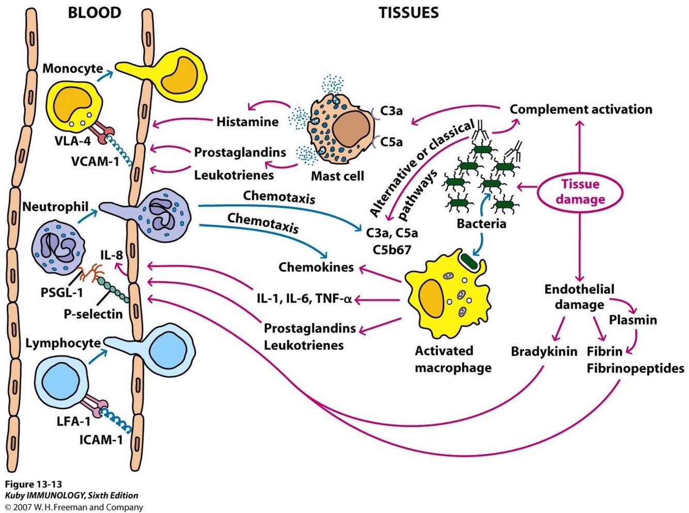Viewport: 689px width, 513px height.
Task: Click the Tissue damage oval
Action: click(580, 192)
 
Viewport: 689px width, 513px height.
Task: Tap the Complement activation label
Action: click(581, 110)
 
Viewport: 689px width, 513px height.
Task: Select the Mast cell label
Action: click(337, 176)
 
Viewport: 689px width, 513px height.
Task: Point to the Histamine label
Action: click(247, 122)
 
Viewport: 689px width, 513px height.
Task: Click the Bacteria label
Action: click(481, 224)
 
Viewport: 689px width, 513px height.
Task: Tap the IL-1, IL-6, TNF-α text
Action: click(304, 299)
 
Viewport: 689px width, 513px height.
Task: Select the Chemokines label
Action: click(316, 267)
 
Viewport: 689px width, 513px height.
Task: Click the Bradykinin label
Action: click(544, 352)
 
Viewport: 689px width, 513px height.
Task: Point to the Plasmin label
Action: click(633, 320)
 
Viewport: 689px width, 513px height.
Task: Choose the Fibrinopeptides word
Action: click(635, 368)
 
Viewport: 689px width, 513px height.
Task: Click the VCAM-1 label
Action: click(95, 161)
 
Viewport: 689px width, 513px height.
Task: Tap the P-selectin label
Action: click(93, 314)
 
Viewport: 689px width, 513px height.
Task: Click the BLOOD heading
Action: click(95, 12)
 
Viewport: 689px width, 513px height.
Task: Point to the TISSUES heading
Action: click(409, 12)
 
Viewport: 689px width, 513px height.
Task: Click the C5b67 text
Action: click(392, 250)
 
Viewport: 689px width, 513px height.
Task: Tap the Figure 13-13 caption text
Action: click(34, 484)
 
